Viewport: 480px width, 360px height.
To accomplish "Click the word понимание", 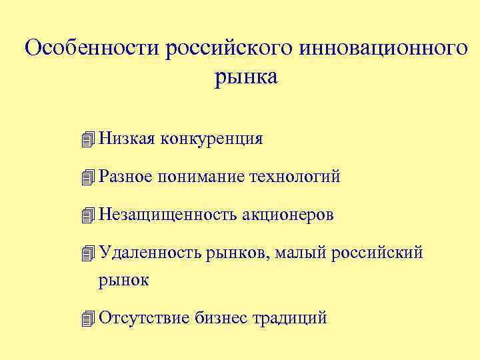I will (203, 177).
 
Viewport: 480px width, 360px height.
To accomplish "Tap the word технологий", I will (295, 177).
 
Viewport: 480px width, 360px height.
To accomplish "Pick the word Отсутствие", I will (143, 318).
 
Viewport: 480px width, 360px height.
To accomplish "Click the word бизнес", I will (220, 318).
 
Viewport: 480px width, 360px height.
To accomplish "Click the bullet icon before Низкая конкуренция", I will (86, 139).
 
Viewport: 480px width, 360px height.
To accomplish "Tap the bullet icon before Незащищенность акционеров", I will (86, 216).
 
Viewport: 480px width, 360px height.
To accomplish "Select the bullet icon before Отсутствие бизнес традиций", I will (86, 319).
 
